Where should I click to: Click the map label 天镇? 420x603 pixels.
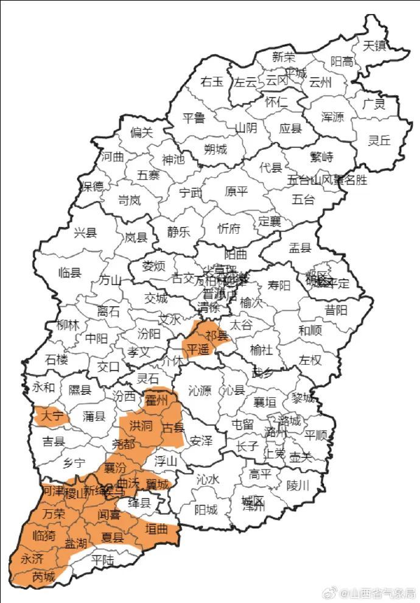point(375,45)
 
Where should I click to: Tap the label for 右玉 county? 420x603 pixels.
point(212,82)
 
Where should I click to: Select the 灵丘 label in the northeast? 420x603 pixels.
point(379,140)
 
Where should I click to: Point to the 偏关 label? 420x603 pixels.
point(142,132)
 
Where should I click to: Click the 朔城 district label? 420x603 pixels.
point(215,149)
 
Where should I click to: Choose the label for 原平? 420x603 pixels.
point(236,191)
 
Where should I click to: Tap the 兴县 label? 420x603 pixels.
point(86,232)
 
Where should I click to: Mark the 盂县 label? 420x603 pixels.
point(299,247)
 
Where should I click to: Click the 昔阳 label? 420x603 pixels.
point(336,310)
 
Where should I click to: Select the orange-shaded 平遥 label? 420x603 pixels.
point(197,349)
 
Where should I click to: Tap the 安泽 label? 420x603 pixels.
point(201,440)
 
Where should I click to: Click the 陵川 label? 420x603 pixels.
point(298,485)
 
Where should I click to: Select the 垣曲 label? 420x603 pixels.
point(156,529)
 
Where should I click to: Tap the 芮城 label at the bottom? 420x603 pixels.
point(43,576)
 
